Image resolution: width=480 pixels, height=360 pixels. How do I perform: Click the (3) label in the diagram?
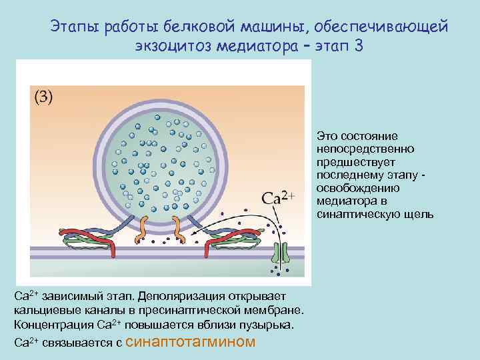click(x=43, y=97)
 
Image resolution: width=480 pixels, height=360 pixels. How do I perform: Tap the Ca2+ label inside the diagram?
click(x=279, y=198)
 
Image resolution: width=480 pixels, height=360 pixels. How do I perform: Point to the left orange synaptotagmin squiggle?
click(x=144, y=230)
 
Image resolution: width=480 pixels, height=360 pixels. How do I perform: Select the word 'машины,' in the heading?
click(x=257, y=27)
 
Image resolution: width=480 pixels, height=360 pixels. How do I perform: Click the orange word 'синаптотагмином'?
click(x=190, y=342)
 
